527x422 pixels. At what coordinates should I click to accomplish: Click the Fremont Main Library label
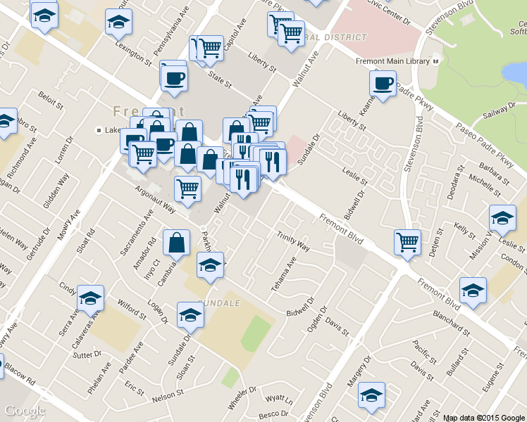pos(392,62)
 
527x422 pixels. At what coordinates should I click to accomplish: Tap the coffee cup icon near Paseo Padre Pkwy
pos(383,84)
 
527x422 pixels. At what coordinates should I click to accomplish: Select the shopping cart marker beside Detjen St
pos(407,243)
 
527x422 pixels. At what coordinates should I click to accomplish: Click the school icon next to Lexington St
pos(118,23)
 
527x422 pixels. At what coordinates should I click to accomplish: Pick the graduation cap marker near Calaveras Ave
pos(90,299)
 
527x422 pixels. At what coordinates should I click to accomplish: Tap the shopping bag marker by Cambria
pos(176,243)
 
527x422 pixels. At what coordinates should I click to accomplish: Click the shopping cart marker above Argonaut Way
pos(187,188)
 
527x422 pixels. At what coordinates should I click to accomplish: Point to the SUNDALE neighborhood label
pos(219,302)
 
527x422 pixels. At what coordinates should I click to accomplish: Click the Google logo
pos(25,410)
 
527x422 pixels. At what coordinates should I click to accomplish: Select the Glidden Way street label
pos(56,190)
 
